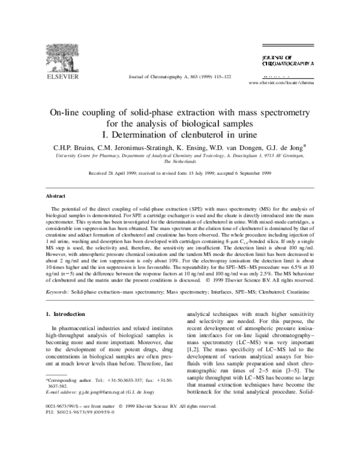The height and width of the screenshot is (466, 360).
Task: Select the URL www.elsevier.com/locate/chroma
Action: click(281, 82)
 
